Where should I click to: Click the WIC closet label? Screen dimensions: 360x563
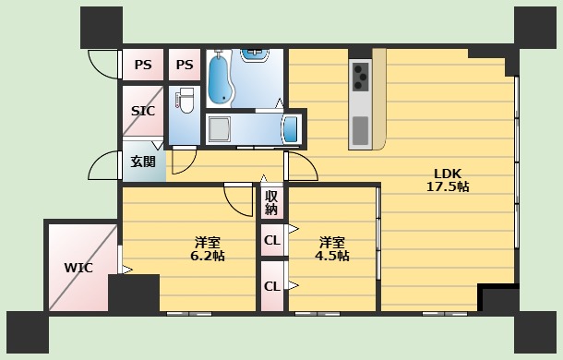coord(78,268)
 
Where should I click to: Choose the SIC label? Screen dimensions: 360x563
coord(142,111)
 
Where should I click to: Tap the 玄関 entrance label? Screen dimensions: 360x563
coord(142,162)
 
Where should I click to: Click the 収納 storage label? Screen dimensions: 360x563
coord(271,203)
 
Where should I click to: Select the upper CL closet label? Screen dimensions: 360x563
coord(271,241)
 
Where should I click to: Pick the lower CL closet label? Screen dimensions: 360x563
coord(271,286)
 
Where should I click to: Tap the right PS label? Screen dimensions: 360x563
coord(185,65)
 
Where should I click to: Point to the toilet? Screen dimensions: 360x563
coord(185,100)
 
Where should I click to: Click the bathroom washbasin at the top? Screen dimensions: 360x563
coord(255,54)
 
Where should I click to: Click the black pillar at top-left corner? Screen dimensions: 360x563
coord(101,28)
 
